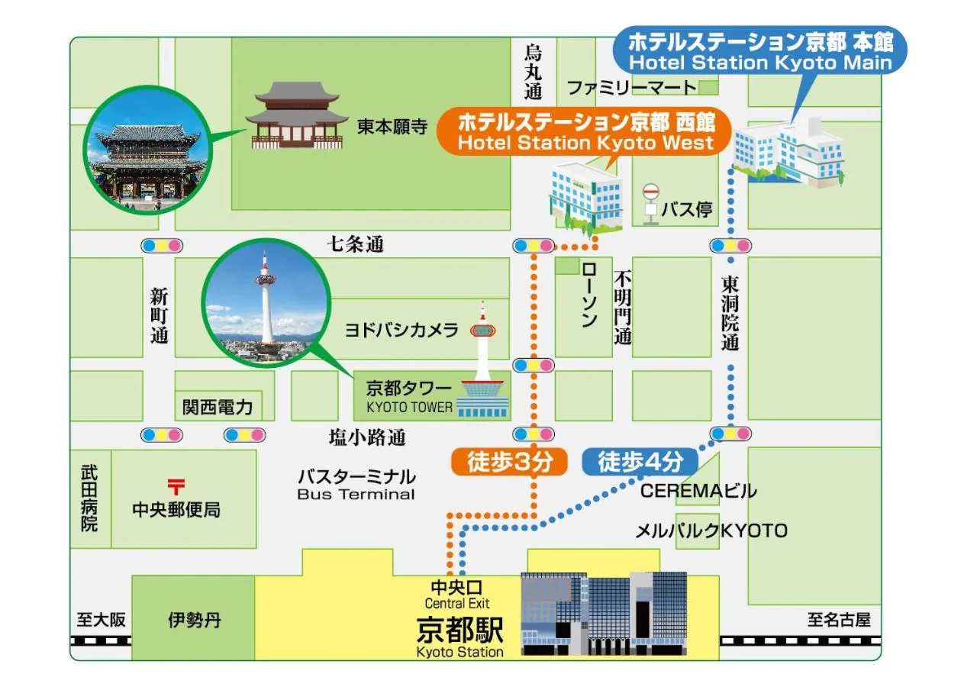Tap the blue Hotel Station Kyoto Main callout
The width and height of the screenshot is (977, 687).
pos(760,51)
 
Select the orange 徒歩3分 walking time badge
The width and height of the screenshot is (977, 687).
pos(507,462)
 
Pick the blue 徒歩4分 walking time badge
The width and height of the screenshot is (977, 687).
pos(640,461)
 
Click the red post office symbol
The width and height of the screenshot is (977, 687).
pos(176,485)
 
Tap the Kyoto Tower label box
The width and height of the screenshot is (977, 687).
pos(410,397)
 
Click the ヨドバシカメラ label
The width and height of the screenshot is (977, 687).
pos(401,330)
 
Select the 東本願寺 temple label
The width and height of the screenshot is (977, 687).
pos(392,127)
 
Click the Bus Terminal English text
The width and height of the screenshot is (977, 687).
pos(356,495)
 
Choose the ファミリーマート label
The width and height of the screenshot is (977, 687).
pos(630,88)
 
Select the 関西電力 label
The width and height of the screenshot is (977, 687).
pos(218,406)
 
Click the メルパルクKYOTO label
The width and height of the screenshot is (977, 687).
pos(711,531)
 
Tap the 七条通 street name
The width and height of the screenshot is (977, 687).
pos(356,244)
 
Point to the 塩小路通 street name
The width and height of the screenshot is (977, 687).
pos(366,437)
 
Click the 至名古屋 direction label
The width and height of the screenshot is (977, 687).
pos(839,620)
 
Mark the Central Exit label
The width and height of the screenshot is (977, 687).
pos(457,604)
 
